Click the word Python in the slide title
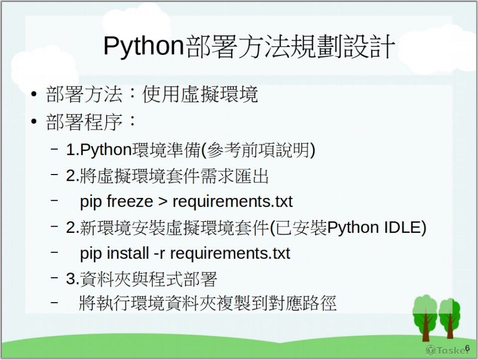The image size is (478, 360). coord(143,46)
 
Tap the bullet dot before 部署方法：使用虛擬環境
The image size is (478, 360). coord(33,94)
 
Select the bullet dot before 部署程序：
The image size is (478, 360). coord(33,122)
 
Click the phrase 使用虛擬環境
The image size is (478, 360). coord(200,94)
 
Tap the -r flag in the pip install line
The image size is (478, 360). coord(159,253)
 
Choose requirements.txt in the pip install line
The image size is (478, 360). coord(230,253)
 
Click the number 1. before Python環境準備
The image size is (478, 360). coord(73,150)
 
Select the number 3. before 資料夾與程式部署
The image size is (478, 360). coord(73,279)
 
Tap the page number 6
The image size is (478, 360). coord(467,347)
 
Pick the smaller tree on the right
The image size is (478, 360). coord(450,316)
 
